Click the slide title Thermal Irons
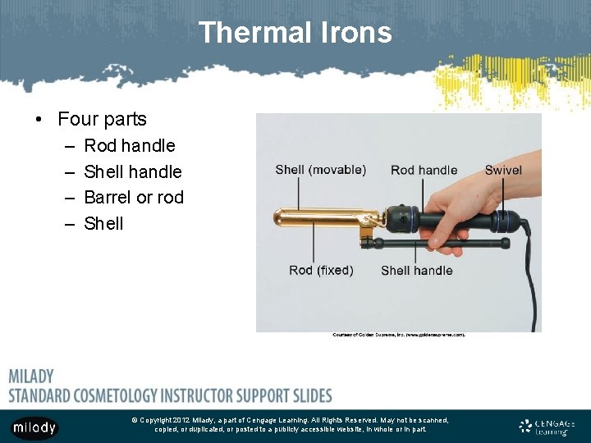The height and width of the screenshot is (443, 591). (295, 33)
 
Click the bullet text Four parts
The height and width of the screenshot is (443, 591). (102, 119)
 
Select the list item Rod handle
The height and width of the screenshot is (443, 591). (130, 145)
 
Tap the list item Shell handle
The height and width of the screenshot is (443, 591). (133, 171)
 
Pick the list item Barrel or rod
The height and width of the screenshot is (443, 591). (134, 197)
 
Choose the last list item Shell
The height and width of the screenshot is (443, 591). (104, 223)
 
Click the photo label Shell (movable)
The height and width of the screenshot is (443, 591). (320, 170)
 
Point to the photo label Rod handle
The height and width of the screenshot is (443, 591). (424, 170)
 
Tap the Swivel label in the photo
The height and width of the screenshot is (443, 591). (502, 170)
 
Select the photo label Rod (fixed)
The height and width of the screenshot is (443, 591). (321, 270)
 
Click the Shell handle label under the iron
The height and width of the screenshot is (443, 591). (416, 270)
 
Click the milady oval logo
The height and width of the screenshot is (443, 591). (34, 427)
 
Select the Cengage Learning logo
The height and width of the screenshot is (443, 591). (547, 426)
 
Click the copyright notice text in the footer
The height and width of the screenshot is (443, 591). (291, 424)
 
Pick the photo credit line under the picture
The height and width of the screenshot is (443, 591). (399, 335)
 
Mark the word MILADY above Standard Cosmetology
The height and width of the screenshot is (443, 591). (31, 377)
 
